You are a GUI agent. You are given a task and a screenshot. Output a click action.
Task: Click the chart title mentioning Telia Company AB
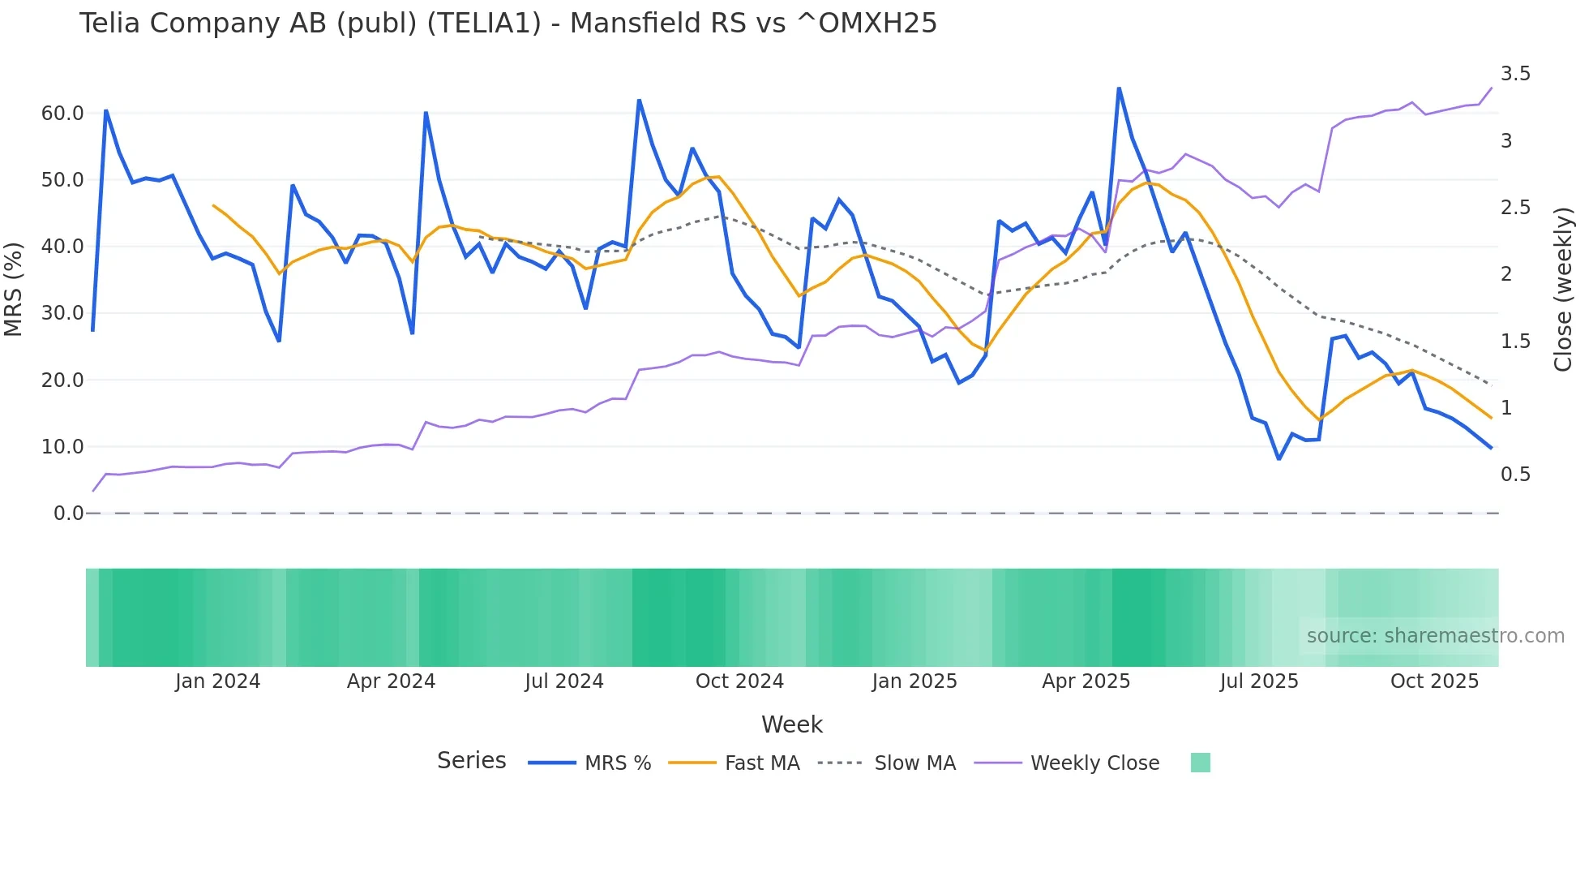(x=508, y=24)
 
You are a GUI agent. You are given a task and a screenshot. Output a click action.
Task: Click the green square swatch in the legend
(x=1200, y=763)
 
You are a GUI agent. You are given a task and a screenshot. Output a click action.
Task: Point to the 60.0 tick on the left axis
(x=62, y=114)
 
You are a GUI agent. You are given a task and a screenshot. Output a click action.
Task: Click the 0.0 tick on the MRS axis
(x=68, y=514)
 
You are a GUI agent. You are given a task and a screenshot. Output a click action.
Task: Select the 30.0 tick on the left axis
(x=62, y=313)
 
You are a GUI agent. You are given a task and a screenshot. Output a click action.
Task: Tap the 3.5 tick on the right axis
(x=1515, y=74)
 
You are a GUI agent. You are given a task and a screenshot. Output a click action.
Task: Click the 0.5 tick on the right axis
(x=1515, y=475)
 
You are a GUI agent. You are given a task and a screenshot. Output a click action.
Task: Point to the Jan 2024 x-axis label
(x=217, y=681)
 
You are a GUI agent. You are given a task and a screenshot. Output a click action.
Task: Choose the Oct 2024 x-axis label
(x=739, y=681)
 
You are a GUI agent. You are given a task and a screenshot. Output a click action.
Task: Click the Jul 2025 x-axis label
(x=1259, y=681)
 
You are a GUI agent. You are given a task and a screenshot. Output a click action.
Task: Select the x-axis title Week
(x=791, y=724)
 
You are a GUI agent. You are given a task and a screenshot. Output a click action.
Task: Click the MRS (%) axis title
(x=14, y=289)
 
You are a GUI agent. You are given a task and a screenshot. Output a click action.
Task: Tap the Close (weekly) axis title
(x=1563, y=289)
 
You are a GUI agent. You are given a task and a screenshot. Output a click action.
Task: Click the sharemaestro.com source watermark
(x=1435, y=636)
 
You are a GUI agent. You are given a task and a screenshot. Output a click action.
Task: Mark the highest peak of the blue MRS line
(x=1119, y=88)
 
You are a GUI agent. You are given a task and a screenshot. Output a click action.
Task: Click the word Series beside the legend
(x=471, y=761)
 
